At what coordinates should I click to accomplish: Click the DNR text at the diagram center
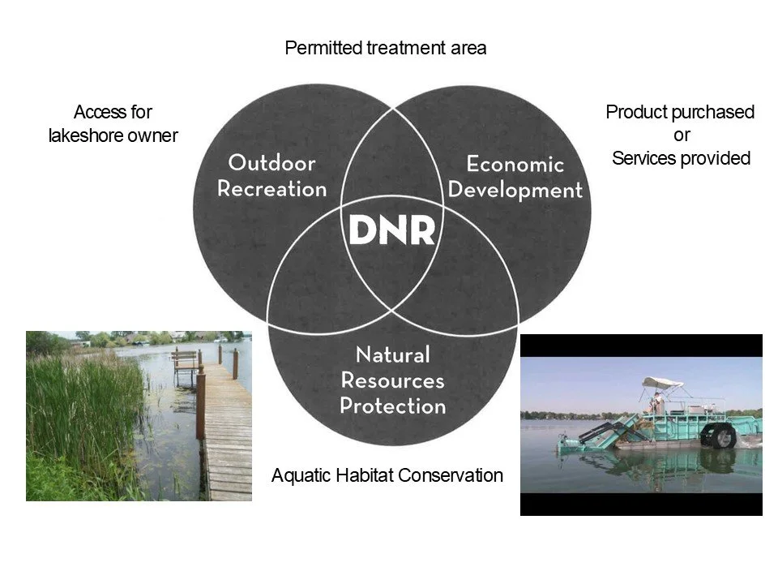click(392, 230)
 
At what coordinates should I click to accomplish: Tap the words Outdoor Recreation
click(271, 176)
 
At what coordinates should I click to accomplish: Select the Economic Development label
click(515, 178)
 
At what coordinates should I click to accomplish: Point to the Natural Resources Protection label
click(393, 380)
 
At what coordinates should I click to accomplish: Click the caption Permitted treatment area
click(386, 49)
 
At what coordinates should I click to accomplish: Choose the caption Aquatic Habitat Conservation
click(387, 475)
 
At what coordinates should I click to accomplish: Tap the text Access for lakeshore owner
click(113, 123)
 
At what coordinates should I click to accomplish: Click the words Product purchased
click(680, 112)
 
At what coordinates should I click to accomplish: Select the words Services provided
click(681, 158)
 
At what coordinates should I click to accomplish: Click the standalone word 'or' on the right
click(681, 135)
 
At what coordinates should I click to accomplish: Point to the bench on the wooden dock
click(186, 361)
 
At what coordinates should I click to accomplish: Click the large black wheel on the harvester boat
click(721, 435)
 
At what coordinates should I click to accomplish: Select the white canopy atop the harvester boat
click(664, 382)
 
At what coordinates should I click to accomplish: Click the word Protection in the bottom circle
click(393, 406)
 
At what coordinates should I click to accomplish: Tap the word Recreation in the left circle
click(271, 190)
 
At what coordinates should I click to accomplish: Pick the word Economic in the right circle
click(515, 165)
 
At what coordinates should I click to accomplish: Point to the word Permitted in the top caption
click(319, 49)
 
